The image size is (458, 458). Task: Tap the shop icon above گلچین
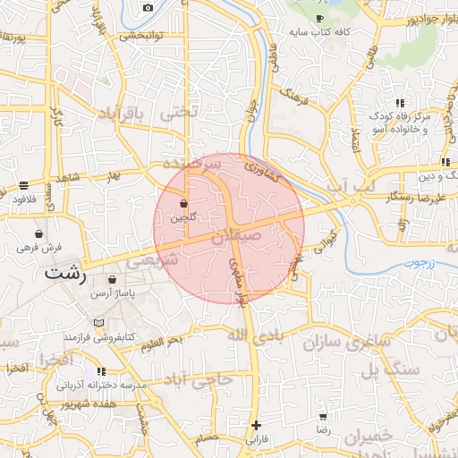(183, 204)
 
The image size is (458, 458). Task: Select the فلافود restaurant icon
(22, 186)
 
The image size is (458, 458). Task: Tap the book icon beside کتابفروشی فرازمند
(98, 322)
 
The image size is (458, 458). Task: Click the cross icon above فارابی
(257, 425)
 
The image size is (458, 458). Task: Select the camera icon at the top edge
(148, 7)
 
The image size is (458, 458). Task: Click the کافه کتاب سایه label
(319, 32)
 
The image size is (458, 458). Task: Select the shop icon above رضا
(322, 417)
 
